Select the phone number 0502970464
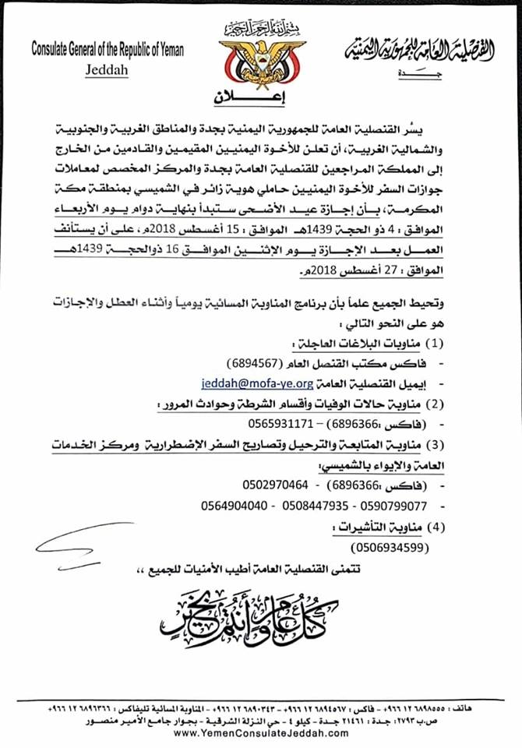273,485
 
